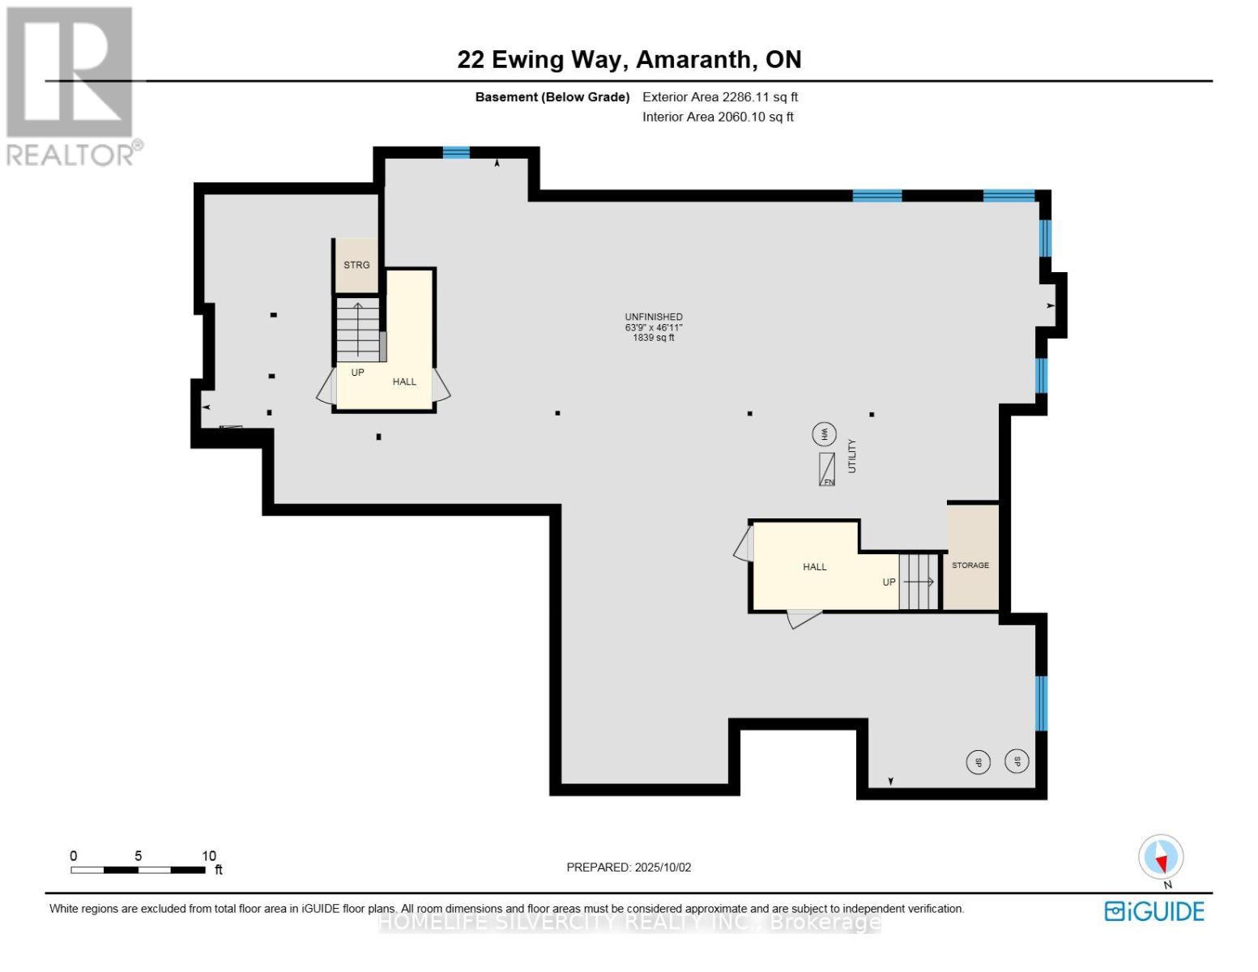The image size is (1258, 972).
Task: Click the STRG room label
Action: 356,265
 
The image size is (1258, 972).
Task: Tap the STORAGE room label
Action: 970,565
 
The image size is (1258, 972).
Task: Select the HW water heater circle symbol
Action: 824,434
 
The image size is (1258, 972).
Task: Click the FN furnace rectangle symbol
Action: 826,469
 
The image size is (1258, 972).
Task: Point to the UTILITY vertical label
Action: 851,456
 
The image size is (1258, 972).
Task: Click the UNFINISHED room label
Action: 654,317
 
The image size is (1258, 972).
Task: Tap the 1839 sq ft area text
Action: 654,338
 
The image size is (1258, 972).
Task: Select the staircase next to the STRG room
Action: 357,330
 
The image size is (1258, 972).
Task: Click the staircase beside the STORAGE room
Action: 918,582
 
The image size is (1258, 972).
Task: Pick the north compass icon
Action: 1161,857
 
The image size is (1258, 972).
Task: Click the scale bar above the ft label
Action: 138,870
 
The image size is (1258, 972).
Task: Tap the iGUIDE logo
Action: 1154,911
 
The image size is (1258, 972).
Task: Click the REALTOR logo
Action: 70,85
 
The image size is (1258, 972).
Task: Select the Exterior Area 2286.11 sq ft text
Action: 720,97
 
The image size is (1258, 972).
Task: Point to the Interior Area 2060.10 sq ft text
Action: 718,117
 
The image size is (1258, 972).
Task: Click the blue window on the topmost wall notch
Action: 456,152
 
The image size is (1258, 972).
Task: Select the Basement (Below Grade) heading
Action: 552,97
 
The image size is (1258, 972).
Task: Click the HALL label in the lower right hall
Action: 815,567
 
